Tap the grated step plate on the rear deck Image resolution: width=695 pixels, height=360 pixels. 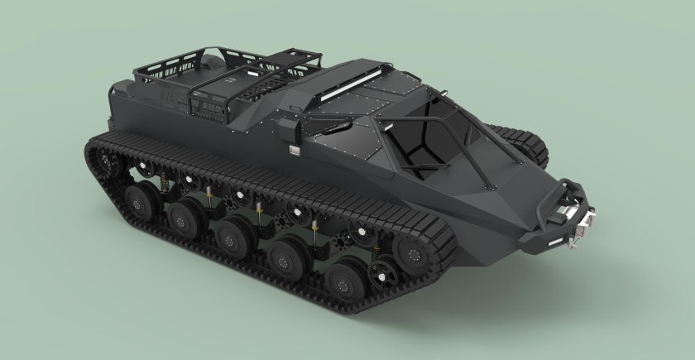[x=273, y=83]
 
